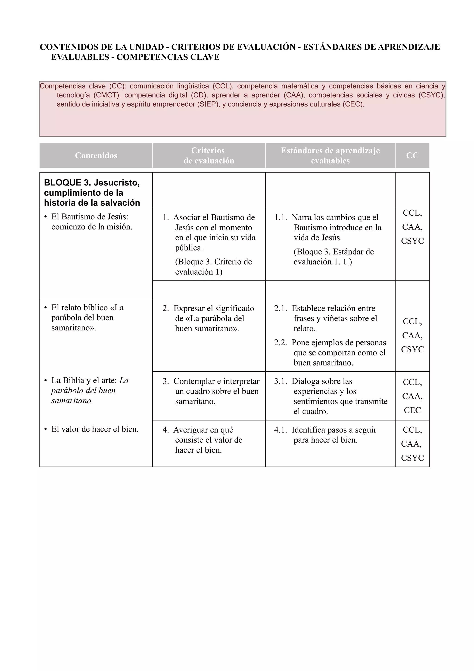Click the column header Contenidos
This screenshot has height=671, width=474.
(96, 155)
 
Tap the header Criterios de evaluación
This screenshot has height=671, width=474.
(209, 155)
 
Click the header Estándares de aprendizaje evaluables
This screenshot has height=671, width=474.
(330, 155)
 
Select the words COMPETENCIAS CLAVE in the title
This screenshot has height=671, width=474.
(168, 57)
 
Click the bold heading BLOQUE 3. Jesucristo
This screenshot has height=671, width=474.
(92, 183)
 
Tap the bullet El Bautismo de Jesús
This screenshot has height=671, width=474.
(90, 217)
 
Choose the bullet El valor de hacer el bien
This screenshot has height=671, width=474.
(95, 429)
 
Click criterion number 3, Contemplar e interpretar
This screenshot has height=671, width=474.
(211, 391)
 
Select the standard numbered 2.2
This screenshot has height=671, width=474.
(330, 352)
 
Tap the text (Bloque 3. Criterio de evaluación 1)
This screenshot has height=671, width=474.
(213, 267)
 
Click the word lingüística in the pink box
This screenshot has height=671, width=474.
(193, 86)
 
